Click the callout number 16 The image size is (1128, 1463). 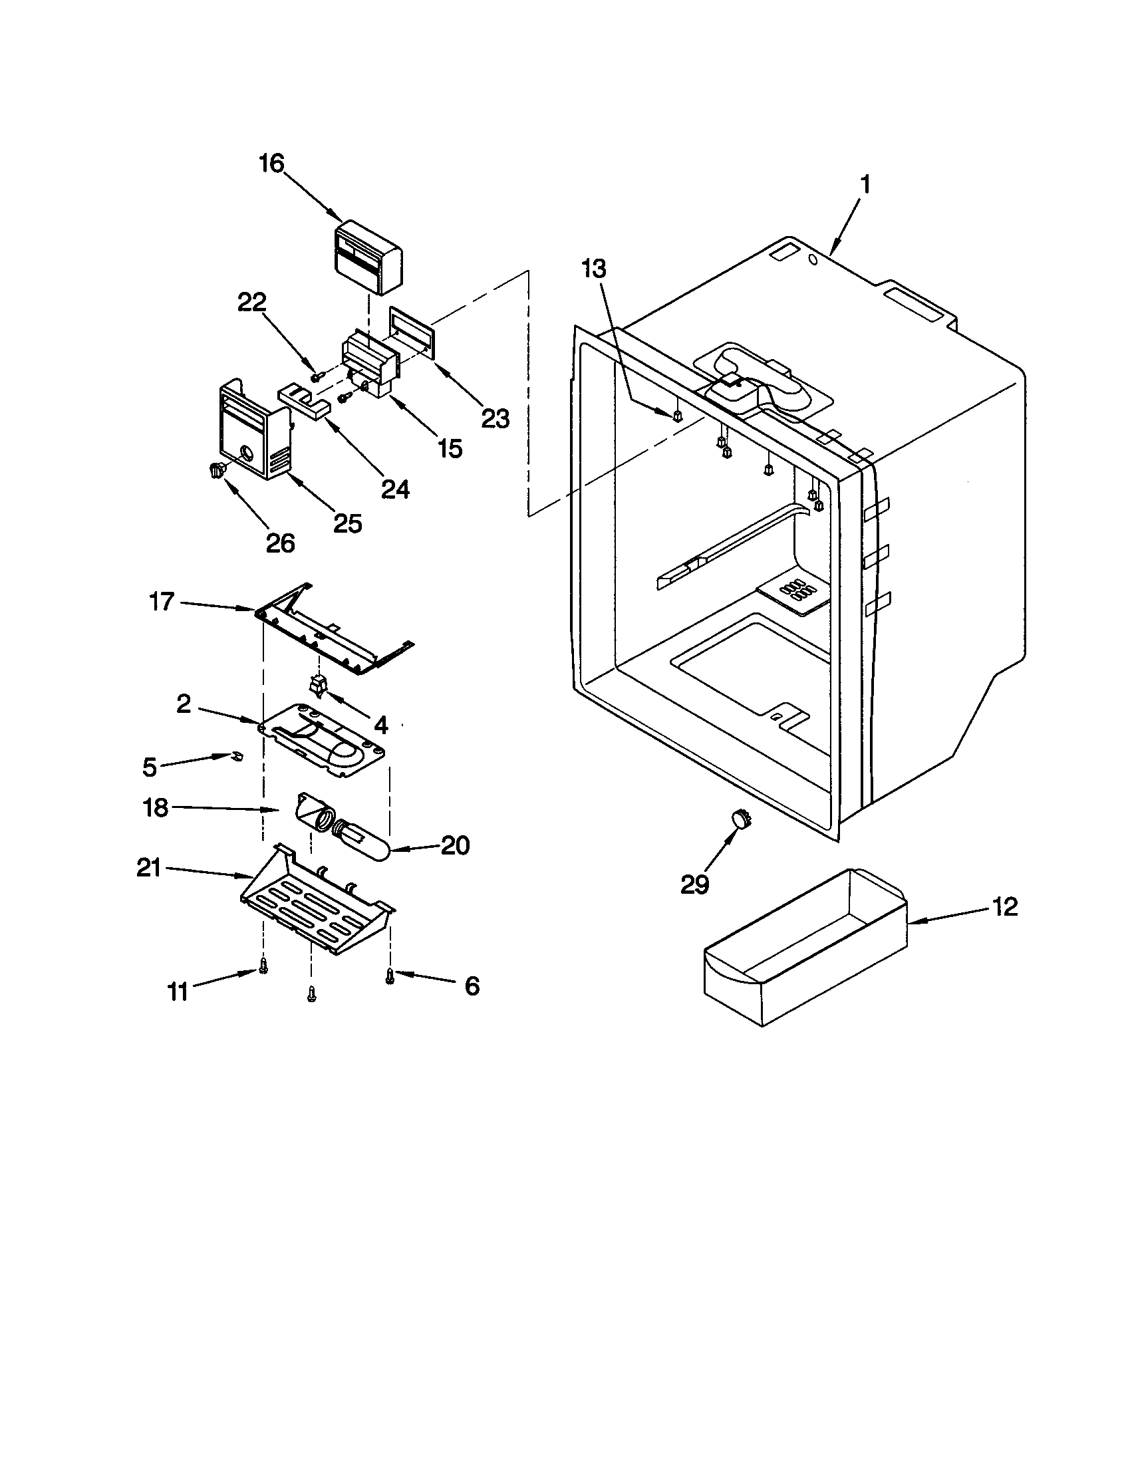[x=272, y=164]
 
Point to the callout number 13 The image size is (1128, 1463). [x=593, y=269]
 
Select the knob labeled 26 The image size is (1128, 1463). [x=217, y=471]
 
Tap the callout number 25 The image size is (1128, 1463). [x=348, y=523]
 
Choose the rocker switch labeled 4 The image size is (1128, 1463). [x=316, y=684]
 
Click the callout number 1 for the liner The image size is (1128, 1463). [x=865, y=184]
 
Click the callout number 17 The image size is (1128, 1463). [x=162, y=602]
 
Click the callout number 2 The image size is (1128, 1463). [x=184, y=704]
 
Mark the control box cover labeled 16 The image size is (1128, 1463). [x=368, y=257]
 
